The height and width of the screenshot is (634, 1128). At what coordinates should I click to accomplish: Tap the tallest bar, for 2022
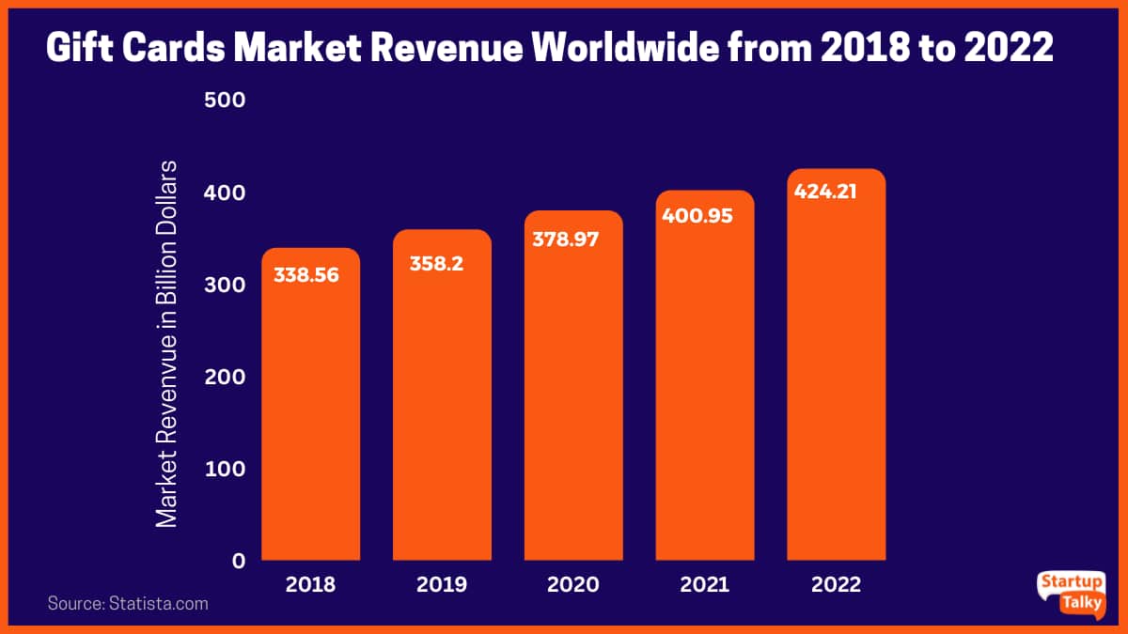tap(836, 376)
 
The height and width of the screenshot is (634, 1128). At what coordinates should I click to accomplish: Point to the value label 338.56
tap(305, 276)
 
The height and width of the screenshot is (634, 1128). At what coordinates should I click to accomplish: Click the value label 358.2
tap(437, 264)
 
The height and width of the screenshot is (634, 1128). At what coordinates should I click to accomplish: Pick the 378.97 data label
tap(566, 240)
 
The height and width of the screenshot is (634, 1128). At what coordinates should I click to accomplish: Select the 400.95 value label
tap(697, 215)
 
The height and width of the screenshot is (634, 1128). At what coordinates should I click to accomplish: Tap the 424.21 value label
tap(827, 193)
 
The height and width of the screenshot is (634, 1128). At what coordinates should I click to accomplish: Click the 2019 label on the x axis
tap(442, 584)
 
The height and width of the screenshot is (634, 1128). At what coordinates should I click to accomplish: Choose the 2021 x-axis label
tap(704, 584)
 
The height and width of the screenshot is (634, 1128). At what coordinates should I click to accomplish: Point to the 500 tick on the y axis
tap(225, 100)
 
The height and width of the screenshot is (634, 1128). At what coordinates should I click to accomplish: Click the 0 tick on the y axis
tap(238, 561)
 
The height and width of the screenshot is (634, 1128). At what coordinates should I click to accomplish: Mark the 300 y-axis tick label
tap(225, 285)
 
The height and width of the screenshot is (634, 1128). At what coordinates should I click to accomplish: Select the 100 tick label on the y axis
tap(225, 469)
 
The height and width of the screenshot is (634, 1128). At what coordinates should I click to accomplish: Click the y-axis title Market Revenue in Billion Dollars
tap(166, 343)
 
